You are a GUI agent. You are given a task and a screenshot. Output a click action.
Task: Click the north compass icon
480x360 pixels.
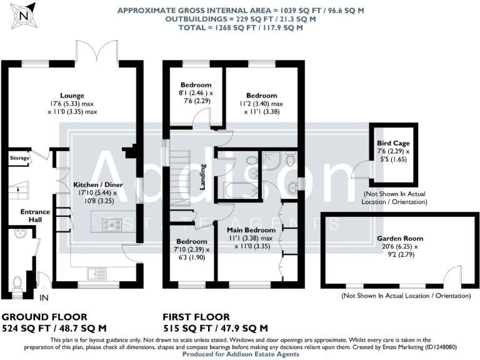24,15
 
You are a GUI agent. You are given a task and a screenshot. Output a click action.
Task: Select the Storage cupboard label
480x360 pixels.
19,159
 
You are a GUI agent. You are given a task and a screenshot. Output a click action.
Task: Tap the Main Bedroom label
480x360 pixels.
248,229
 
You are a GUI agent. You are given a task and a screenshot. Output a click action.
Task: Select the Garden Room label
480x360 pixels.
400,238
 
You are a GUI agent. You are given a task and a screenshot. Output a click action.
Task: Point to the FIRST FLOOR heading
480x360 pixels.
196,317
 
